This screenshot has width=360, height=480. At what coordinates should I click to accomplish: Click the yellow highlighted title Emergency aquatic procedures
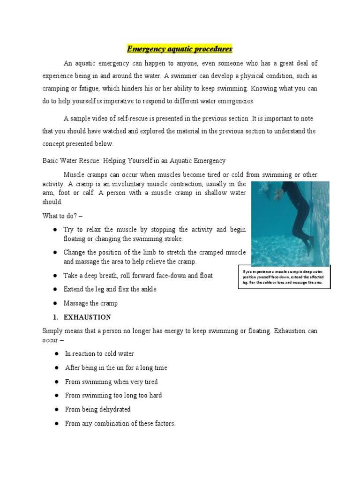click(x=180, y=49)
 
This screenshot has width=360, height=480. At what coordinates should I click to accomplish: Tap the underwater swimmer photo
click(x=290, y=224)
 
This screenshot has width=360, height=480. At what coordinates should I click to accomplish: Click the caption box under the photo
click(x=284, y=277)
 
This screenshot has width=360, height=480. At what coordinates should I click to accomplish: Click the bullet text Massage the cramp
click(x=91, y=303)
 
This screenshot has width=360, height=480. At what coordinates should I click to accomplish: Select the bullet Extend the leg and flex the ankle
click(x=111, y=289)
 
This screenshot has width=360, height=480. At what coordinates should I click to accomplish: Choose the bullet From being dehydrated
click(x=97, y=409)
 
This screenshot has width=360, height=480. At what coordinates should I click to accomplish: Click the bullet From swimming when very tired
click(x=111, y=382)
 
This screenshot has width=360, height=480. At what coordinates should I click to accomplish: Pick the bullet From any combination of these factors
click(x=120, y=423)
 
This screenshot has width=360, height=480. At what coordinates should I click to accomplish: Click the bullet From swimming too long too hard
click(x=113, y=396)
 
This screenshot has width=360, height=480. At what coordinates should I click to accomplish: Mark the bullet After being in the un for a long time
click(x=116, y=368)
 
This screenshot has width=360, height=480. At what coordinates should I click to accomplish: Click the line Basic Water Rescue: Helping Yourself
click(x=134, y=161)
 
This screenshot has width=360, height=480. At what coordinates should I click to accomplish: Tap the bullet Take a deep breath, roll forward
click(x=138, y=275)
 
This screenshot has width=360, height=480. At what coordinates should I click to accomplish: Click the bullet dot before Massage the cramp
click(x=55, y=303)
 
